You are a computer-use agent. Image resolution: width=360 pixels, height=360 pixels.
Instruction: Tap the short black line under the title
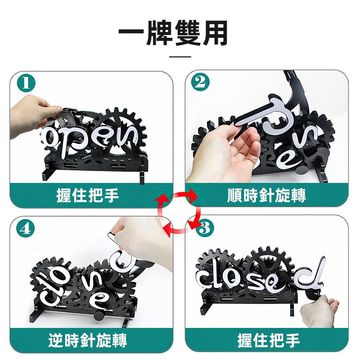(180, 57)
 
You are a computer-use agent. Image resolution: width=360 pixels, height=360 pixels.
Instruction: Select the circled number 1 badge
(25, 84)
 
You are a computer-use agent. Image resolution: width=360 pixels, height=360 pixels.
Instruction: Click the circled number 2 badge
(200, 82)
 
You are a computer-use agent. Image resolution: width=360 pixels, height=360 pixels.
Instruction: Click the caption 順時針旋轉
(266, 196)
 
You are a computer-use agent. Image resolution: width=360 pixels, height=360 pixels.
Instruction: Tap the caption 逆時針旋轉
(88, 340)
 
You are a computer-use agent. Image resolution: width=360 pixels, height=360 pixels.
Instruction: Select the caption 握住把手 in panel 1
(88, 196)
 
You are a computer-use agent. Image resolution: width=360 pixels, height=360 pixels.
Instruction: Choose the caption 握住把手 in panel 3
(269, 340)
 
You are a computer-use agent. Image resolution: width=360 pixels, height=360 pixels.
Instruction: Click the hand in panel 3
(319, 310)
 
